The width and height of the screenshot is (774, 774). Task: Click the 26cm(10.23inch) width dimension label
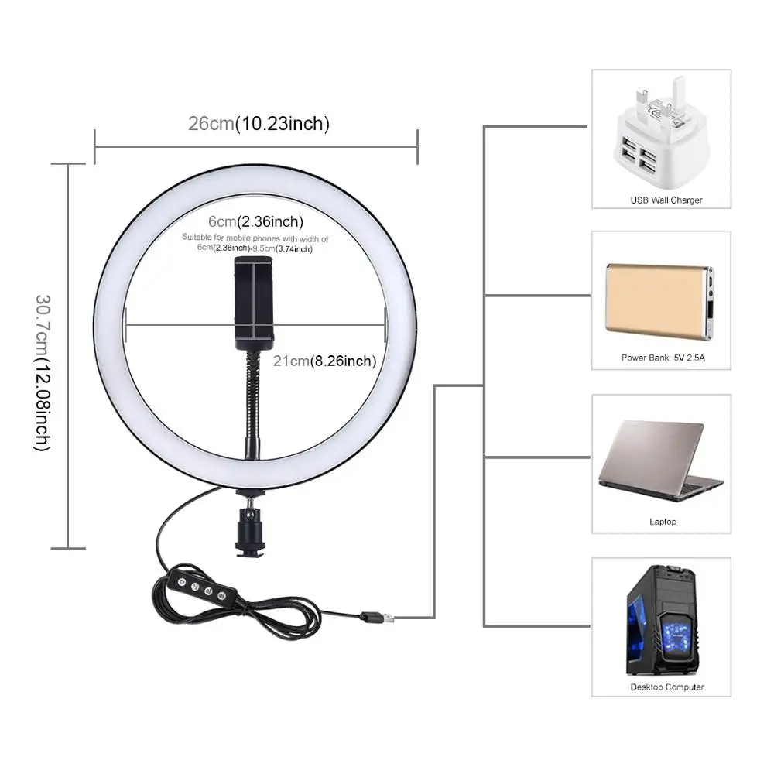point(259,123)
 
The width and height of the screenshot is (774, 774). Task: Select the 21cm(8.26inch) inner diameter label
point(324,361)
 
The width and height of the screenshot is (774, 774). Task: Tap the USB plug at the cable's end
point(379,618)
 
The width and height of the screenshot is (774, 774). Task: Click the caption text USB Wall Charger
point(666,200)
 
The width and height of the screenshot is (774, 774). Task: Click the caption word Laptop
point(663,522)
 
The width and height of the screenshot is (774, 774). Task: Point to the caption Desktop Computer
point(666,687)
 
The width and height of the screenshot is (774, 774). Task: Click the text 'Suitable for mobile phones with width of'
point(255,238)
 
